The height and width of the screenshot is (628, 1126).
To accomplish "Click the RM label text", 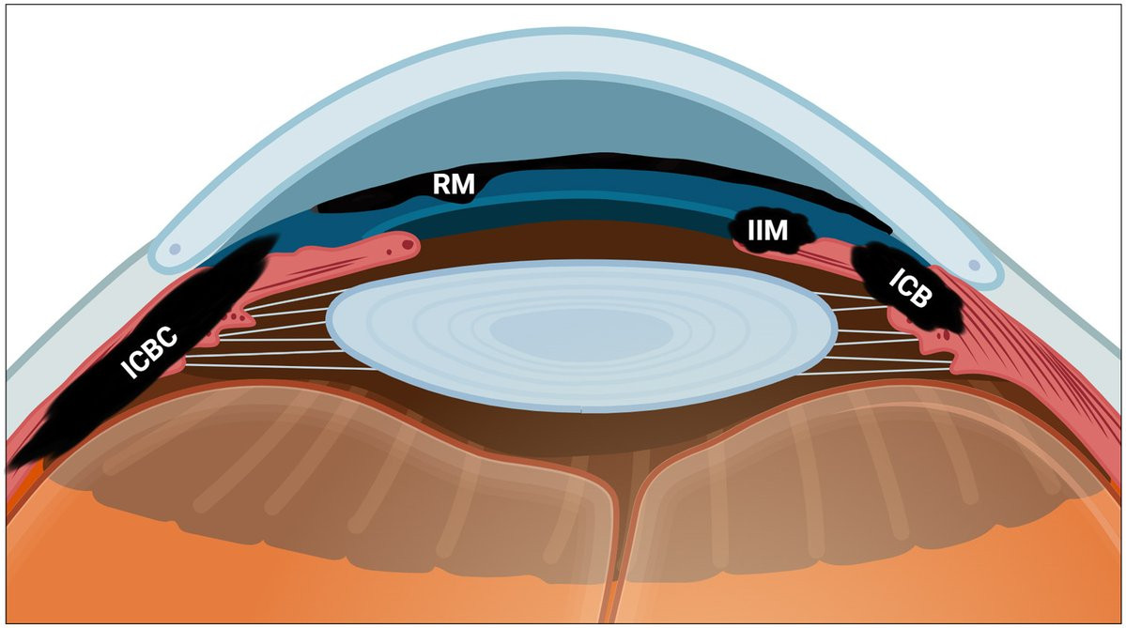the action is point(454,184).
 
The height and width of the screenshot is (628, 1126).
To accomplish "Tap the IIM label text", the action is point(767,230).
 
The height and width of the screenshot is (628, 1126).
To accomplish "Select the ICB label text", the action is point(911,288).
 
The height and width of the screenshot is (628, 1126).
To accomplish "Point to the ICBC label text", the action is point(148,352).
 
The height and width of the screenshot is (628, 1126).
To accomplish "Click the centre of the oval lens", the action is point(581,335).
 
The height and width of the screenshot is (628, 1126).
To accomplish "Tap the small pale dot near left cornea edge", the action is point(174,251).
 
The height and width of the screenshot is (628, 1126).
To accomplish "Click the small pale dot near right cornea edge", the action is point(974,265).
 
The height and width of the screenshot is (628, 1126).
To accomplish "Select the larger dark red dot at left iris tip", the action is point(408,245).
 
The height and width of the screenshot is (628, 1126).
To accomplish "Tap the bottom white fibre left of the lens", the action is point(280,367).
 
